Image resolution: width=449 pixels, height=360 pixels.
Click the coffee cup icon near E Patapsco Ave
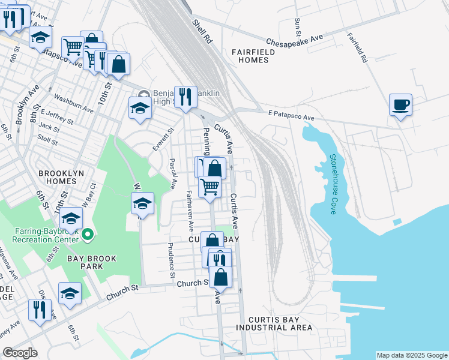pos(400,105)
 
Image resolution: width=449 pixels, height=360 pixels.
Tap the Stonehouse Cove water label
pos(333,184)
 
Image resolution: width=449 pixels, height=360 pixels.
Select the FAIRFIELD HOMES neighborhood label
pos(253,56)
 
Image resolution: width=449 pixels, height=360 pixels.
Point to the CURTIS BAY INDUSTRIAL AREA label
pos(274,323)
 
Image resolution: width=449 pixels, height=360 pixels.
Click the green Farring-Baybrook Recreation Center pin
pos(88,233)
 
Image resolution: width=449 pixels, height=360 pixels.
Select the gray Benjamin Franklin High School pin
pos(143,95)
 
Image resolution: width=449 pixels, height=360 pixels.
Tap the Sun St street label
pos(297,25)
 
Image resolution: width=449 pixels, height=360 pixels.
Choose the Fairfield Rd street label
pos(357,48)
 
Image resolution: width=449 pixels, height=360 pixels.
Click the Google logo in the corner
pos(20,353)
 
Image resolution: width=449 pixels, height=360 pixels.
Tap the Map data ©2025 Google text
pos(411,355)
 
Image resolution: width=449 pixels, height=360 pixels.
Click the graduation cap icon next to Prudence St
pos(143,203)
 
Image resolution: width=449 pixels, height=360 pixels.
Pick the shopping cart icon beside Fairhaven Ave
pos(209,187)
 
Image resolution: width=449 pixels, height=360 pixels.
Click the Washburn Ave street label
pos(73,103)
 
